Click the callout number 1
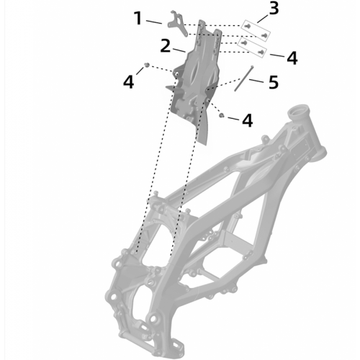pos(138,19)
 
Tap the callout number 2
pos(165,46)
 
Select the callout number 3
pos(274,8)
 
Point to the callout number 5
pos(274,82)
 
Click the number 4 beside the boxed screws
pos(292,58)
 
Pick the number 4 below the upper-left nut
pos(128,82)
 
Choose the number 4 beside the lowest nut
pos(248,120)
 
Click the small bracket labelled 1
pos(177,24)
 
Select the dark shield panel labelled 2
pos(194,81)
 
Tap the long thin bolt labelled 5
pos(243,78)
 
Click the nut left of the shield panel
pos(147,65)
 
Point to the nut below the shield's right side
pos(221,115)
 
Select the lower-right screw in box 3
pos(264,35)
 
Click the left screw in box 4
pos(244,43)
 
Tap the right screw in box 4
pos(261,52)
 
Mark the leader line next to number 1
pos(154,22)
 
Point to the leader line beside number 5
pos(256,81)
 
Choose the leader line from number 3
pos(262,19)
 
